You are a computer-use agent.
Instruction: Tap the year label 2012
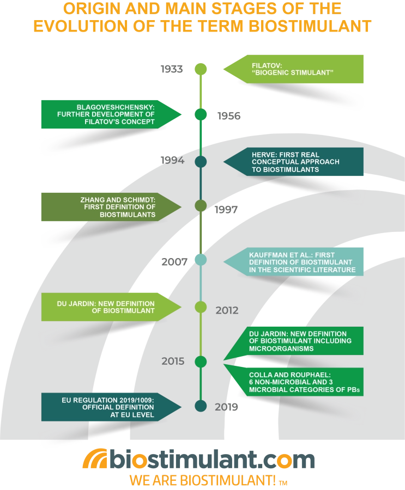[227, 310]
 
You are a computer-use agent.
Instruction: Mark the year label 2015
[173, 361]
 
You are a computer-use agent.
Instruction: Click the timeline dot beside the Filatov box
[201, 69]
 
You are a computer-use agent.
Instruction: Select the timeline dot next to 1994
[201, 162]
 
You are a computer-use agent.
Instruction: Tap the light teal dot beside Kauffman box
[201, 260]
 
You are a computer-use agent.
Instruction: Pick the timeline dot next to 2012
[201, 307]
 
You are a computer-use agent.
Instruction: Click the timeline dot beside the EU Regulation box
[201, 406]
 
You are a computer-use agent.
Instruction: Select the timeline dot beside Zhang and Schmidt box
[201, 206]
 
